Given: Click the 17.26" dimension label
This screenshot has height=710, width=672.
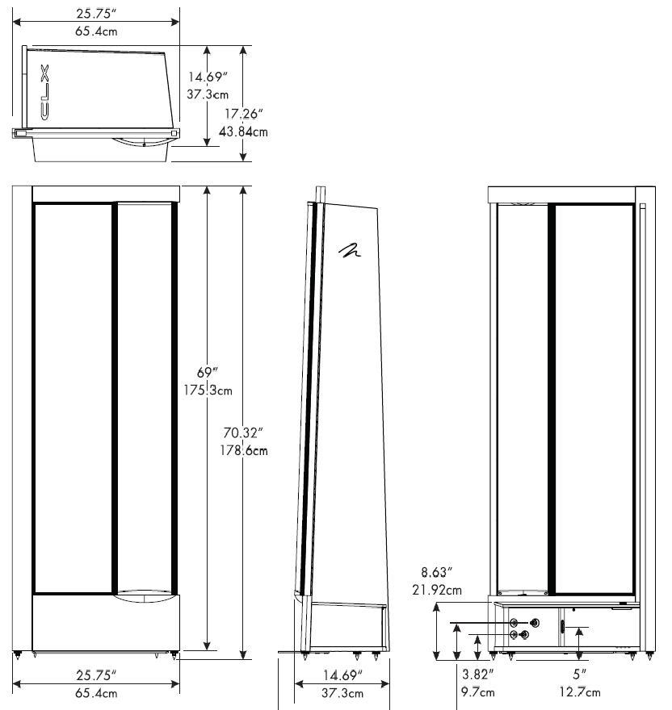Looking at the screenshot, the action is pyautogui.click(x=244, y=114).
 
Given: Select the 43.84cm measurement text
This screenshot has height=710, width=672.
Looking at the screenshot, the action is pyautogui.click(x=243, y=132).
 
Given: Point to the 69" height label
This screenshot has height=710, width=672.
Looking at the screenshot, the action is pyautogui.click(x=208, y=373).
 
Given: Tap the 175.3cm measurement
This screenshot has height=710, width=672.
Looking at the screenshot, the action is pyautogui.click(x=208, y=390).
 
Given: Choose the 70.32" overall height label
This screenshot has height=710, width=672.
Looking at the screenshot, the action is pyautogui.click(x=243, y=433).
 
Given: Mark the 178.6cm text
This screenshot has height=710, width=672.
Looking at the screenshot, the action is pyautogui.click(x=243, y=450).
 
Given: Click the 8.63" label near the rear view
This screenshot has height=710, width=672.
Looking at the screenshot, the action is pyautogui.click(x=437, y=572).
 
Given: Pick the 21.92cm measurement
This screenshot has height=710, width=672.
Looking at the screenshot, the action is pyautogui.click(x=437, y=590).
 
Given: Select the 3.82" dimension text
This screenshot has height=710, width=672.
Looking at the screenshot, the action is pyautogui.click(x=477, y=674).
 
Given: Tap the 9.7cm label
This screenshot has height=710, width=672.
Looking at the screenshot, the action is pyautogui.click(x=478, y=692).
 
